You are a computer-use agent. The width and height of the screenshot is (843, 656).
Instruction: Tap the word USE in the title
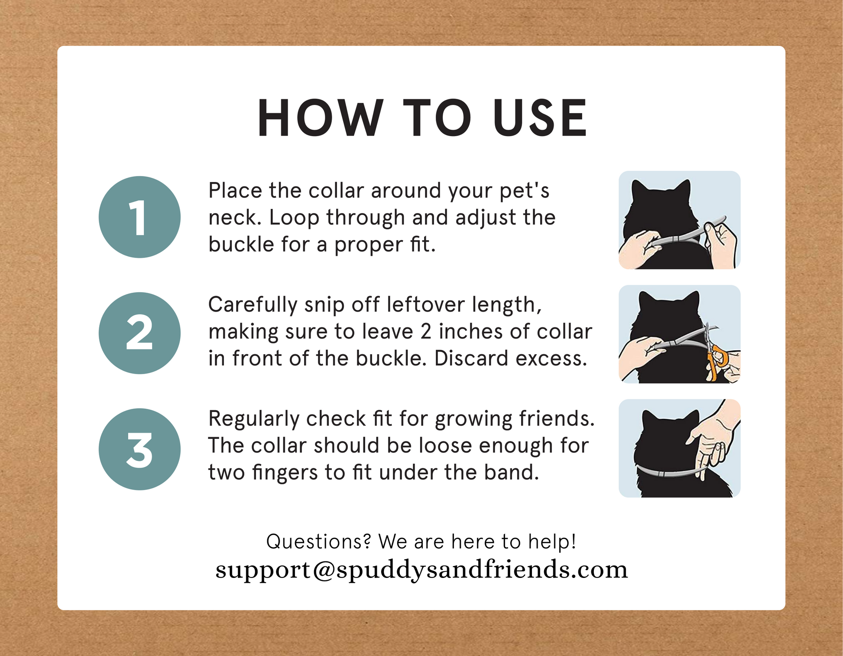(x=540, y=118)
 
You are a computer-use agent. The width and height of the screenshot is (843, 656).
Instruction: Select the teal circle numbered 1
(x=139, y=217)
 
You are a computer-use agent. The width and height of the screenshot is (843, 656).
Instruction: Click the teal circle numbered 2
(x=139, y=333)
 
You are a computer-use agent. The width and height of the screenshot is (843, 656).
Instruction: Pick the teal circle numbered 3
(x=139, y=449)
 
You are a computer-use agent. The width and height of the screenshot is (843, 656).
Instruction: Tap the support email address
(x=421, y=569)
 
